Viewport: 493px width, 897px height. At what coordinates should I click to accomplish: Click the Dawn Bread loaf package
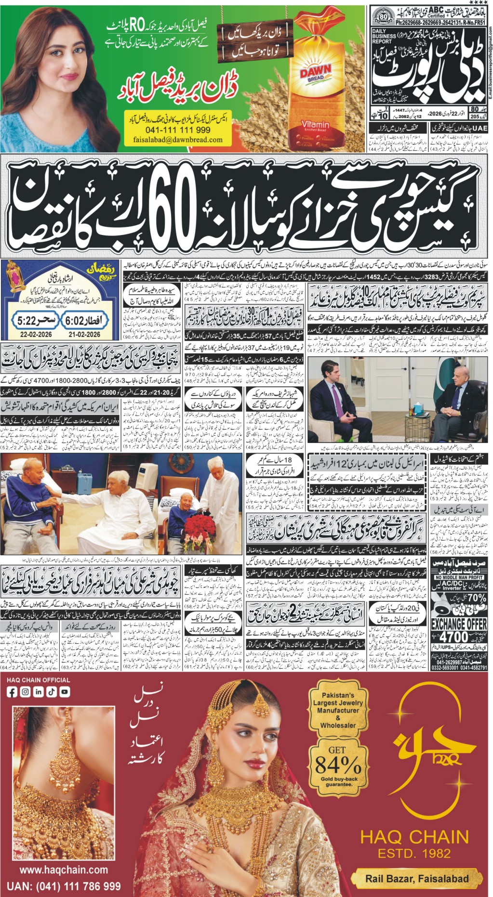(315, 91)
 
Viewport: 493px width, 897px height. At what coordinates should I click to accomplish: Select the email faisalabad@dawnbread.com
(178, 140)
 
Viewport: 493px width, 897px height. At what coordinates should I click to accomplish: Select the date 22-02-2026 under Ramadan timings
(30, 334)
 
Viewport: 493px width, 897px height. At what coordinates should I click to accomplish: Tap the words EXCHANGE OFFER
(458, 624)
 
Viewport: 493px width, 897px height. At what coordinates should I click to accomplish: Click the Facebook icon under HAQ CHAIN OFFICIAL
(12, 692)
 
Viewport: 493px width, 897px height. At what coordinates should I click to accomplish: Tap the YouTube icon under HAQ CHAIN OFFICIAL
(64, 692)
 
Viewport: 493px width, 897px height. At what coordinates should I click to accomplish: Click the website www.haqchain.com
(64, 856)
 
